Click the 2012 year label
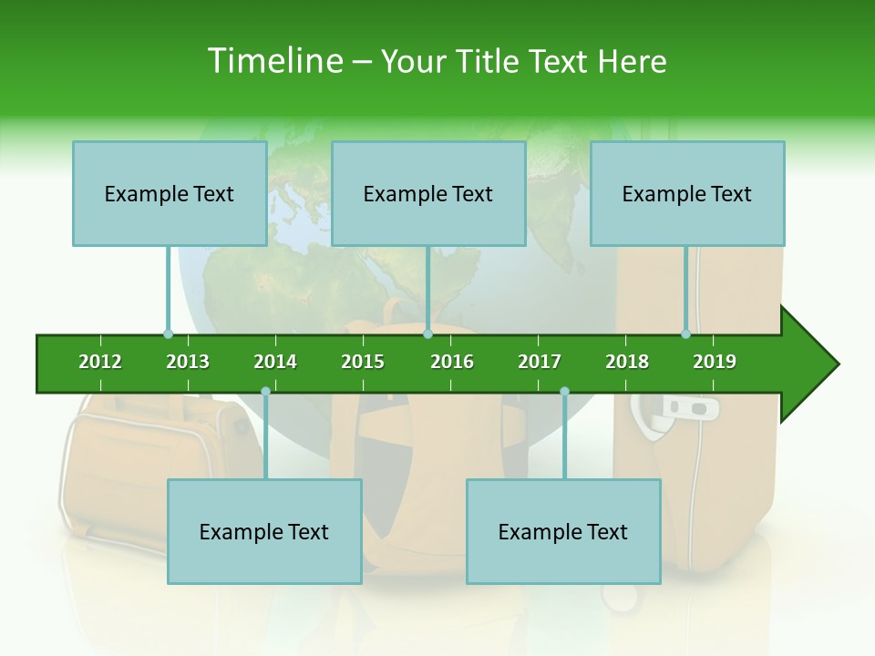pos(100,362)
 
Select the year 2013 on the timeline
pos(188,362)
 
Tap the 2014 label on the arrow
pos(275,362)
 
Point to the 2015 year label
pos(363,362)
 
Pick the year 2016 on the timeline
pos(452,362)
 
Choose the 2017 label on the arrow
pos(540,362)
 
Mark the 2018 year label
pos(627,362)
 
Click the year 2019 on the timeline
pos(715,362)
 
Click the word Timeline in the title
pos(273,61)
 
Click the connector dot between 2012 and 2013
pos(168,334)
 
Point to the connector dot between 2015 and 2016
pos(427,334)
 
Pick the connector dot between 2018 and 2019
pos(685,334)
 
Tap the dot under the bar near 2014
pos(265,391)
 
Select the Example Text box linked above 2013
pos(170,193)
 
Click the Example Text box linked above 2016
pos(428,193)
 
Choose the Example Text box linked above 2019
pos(687,193)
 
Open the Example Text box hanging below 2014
pos(264,531)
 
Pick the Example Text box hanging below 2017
pos(563,531)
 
